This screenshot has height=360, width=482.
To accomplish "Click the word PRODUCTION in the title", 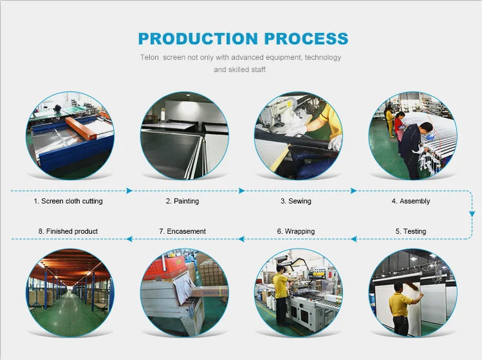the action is tap(198, 39).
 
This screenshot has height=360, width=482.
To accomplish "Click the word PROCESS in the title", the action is tap(306, 39).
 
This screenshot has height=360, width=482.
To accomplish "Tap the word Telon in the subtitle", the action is tap(149, 57).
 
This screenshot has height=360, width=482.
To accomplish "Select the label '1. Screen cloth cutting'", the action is tap(68, 201).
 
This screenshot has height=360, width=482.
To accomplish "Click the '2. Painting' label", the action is tap(182, 201).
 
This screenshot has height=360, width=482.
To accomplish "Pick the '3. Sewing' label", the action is tap(296, 201).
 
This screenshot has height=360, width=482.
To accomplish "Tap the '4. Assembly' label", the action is tap(411, 201).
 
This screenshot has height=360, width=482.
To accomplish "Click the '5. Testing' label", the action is tap(411, 231).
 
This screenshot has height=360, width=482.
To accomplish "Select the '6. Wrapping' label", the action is tap(296, 231).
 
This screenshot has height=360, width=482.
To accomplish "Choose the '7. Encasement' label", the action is tap(182, 231).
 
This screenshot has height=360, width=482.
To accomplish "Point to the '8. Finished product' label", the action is tap(68, 231).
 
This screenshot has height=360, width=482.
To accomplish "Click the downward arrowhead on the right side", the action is tap(472, 214).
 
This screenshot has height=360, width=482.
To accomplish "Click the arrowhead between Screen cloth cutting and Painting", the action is tap(129, 191).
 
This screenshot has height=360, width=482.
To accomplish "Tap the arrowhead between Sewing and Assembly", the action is tap(354, 191).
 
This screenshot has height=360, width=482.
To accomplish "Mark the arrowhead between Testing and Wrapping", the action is tap(354, 239).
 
